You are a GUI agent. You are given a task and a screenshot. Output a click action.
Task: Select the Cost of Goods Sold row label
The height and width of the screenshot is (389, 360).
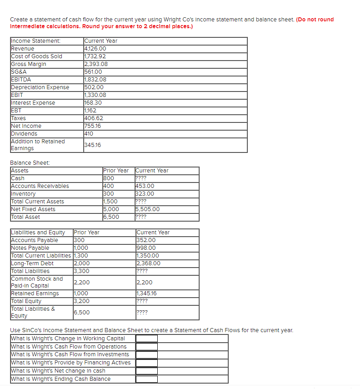[x=36, y=56]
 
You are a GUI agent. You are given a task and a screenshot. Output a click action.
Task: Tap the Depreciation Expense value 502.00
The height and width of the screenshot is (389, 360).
[x=94, y=87]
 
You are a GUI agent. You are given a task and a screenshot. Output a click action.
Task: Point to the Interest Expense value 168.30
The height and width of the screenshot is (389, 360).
[x=93, y=103]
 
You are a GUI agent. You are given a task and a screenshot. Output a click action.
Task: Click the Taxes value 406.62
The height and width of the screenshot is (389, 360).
[x=94, y=118]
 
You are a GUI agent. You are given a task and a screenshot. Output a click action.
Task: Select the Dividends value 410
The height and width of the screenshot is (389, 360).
[x=89, y=134]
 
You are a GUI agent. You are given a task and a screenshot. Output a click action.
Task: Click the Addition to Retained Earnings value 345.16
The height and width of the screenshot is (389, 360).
[x=93, y=145]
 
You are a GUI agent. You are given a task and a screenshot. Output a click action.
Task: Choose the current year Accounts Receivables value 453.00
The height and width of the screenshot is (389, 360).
[x=145, y=186]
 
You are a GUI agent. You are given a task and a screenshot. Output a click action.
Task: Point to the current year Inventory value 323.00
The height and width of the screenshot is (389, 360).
[x=145, y=194]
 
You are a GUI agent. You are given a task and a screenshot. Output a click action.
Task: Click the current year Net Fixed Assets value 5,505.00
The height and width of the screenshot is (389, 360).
[x=148, y=209]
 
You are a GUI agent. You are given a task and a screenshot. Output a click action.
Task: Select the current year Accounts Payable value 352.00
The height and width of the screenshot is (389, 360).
[x=146, y=240]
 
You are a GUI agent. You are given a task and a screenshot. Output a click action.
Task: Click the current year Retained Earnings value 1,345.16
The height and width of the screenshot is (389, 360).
[x=148, y=293]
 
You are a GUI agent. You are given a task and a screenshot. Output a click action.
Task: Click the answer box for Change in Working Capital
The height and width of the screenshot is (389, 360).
[x=146, y=338]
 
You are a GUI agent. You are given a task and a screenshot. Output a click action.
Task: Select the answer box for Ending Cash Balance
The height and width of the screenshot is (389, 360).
[x=146, y=379]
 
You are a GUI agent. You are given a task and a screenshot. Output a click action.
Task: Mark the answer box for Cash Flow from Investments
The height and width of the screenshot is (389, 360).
[x=146, y=354]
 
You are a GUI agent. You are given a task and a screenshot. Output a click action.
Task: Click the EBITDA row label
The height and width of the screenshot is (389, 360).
[x=21, y=80]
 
